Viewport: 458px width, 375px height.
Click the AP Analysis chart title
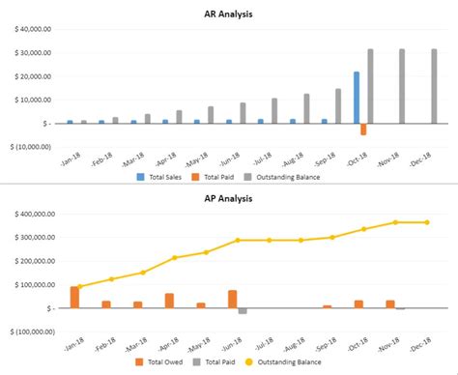pyautogui.click(x=228, y=199)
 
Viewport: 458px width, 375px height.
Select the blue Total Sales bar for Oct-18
pyautogui.click(x=357, y=98)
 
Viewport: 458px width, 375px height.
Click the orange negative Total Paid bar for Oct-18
pyautogui.click(x=363, y=129)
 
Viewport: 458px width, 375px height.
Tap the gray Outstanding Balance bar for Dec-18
pyautogui.click(x=434, y=86)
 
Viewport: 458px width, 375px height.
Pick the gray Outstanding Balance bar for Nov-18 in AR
pyautogui.click(x=402, y=86)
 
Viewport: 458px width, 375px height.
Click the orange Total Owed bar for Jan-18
pyautogui.click(x=74, y=298)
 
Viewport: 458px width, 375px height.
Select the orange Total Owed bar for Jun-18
pyautogui.click(x=233, y=299)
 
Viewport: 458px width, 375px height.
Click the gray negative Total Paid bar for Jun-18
pyautogui.click(x=243, y=311)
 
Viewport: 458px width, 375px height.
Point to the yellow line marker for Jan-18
pyautogui.click(x=79, y=286)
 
